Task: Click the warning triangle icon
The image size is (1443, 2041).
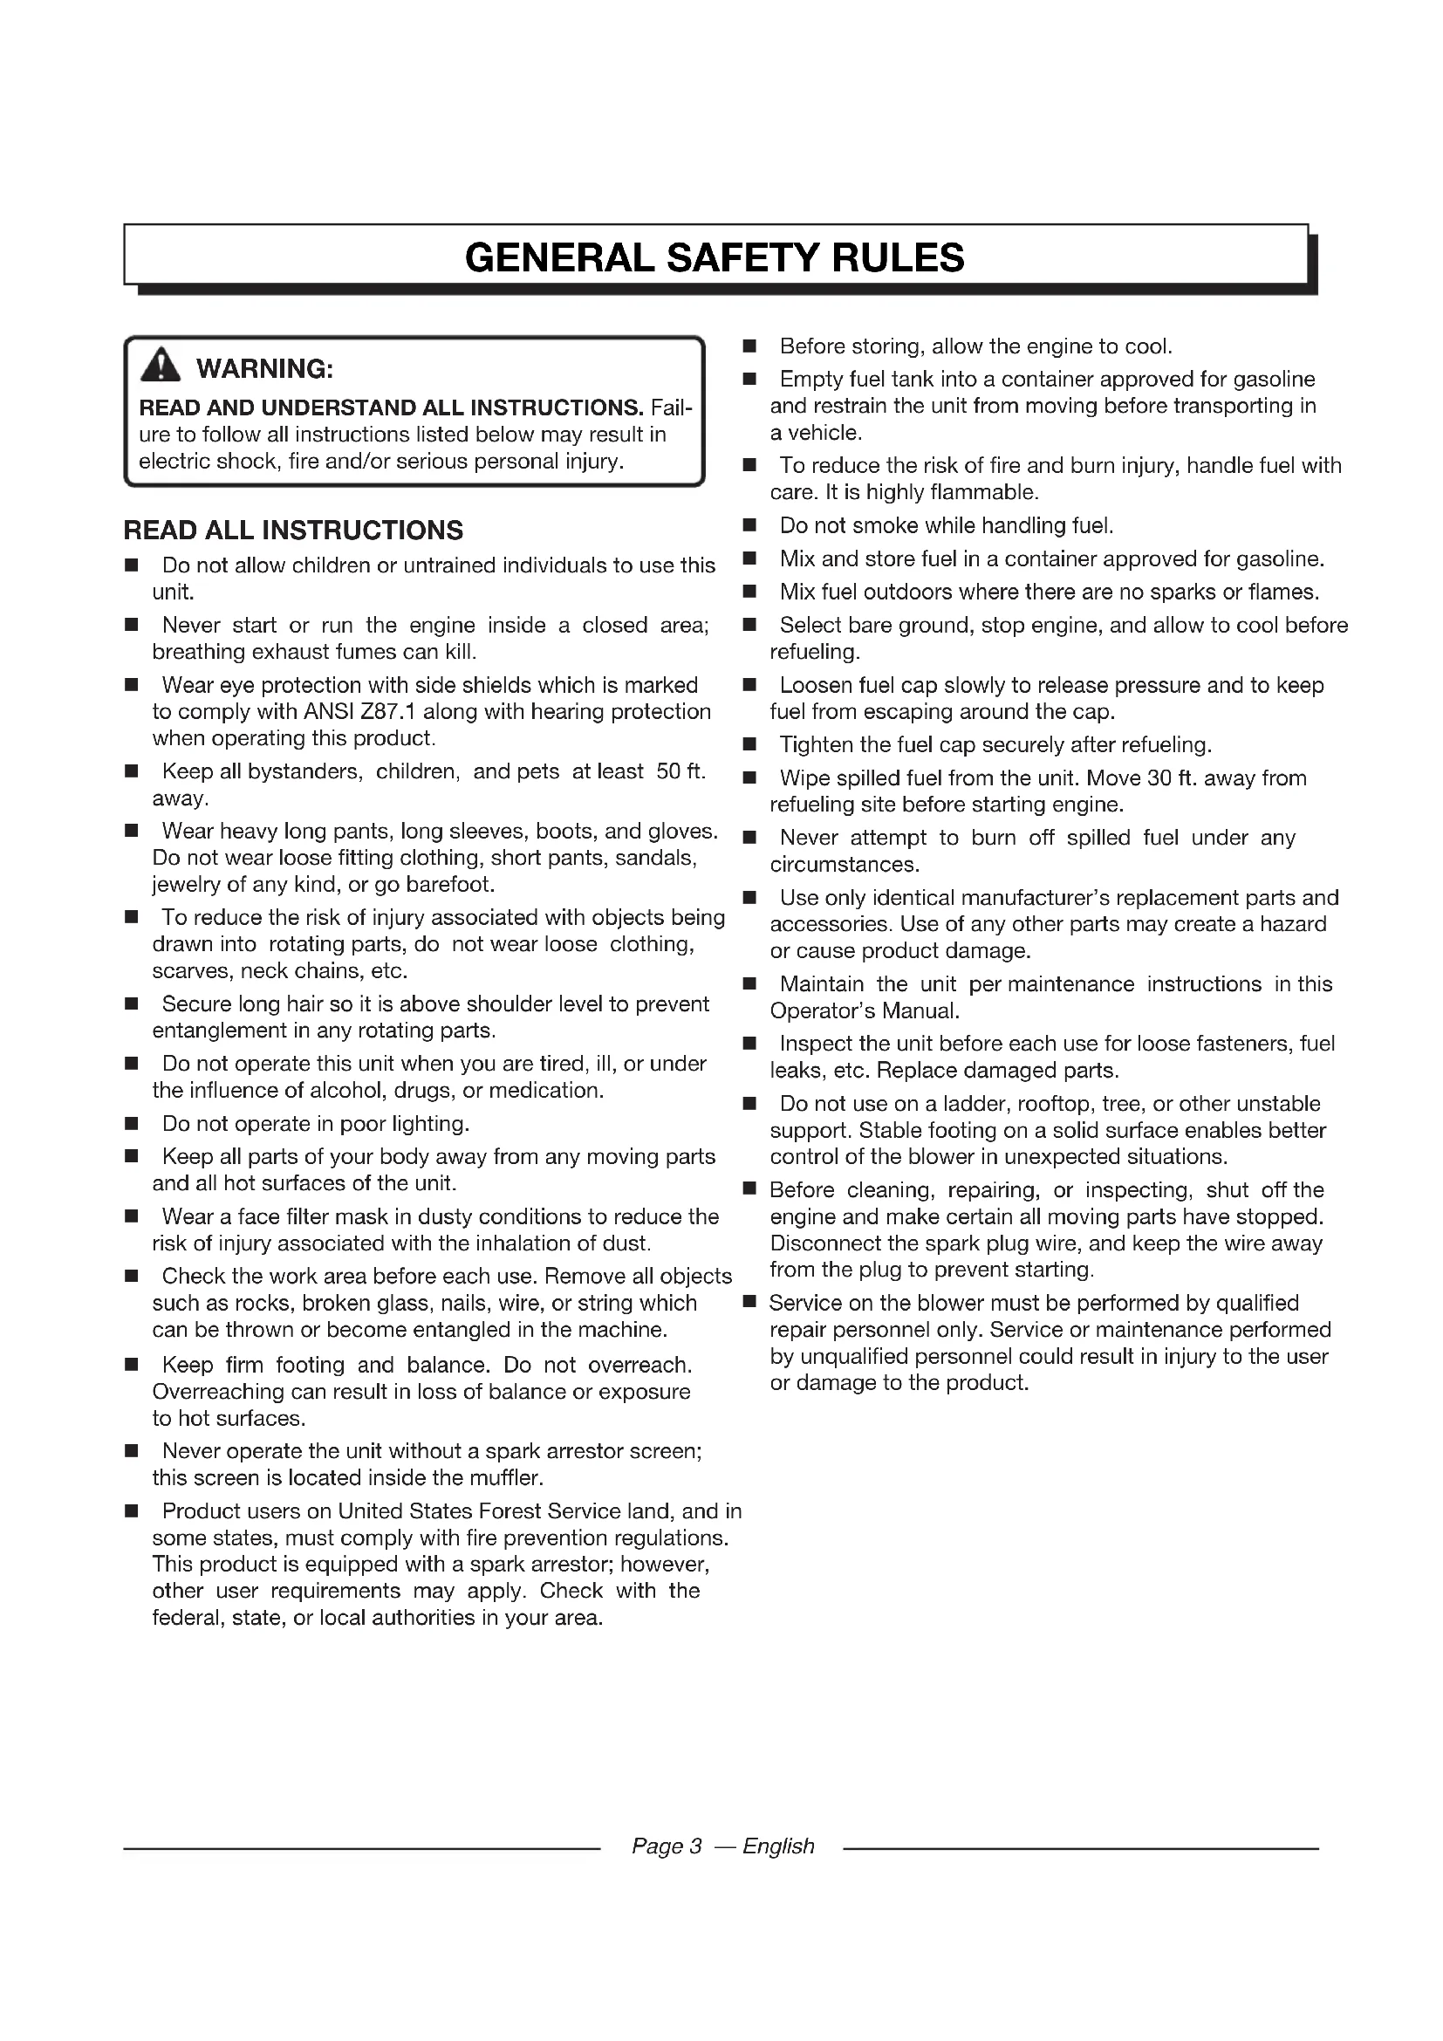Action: click(160, 366)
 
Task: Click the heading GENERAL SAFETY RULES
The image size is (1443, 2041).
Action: click(715, 257)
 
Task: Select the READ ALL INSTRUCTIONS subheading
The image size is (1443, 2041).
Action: click(293, 531)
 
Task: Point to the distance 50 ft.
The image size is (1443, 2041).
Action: click(680, 771)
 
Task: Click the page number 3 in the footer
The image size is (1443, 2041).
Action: click(694, 1846)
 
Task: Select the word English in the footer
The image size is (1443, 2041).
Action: click(778, 1846)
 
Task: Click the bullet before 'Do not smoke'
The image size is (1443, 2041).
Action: click(750, 526)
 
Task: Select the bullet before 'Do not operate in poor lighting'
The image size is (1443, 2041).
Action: click(132, 1125)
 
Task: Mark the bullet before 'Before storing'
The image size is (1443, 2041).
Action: click(750, 346)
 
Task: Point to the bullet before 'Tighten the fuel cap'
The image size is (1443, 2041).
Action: click(750, 745)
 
